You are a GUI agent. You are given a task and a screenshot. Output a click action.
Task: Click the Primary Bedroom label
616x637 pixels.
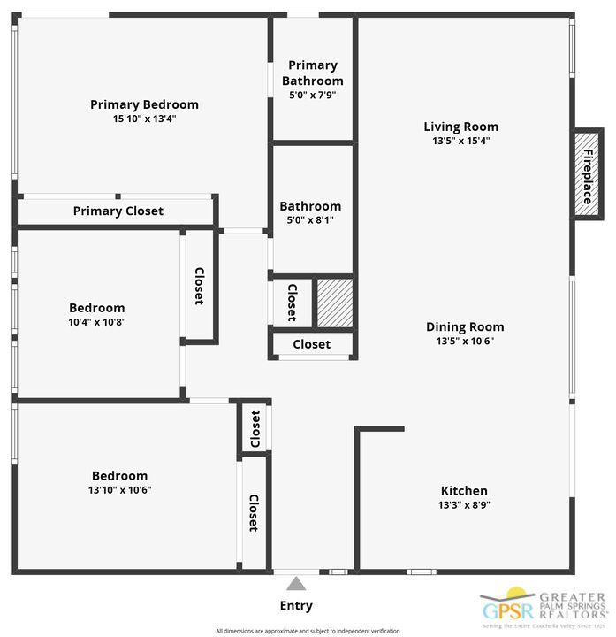coord(144,104)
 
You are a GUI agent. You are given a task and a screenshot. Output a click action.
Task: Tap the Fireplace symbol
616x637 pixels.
coord(587,175)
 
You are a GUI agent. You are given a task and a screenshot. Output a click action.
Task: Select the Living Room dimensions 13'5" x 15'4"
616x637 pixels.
coord(460,141)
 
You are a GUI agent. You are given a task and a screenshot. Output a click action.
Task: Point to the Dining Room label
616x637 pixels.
coord(465,326)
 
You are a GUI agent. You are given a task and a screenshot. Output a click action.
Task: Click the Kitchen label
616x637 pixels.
coord(464,491)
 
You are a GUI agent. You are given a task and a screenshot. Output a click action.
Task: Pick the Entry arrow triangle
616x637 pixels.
coord(296,584)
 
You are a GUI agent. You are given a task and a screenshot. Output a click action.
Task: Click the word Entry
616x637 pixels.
coord(296,606)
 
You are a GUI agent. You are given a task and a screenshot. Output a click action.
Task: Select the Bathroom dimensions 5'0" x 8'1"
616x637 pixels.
coord(310,220)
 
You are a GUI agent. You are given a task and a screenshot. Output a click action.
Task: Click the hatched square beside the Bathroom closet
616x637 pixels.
coord(335,302)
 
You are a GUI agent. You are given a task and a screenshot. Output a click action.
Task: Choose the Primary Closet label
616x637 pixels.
coord(118,211)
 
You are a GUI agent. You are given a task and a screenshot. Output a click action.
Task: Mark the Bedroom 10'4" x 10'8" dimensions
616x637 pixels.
coord(97,322)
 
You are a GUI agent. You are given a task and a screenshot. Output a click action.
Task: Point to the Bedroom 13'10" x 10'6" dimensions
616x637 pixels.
coord(119,490)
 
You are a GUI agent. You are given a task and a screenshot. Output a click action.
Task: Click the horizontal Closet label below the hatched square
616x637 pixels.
coord(311,344)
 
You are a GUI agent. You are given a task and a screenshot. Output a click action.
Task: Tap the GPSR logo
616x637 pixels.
coord(507,609)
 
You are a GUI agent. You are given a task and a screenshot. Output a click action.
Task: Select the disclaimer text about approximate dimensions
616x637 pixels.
coord(308,631)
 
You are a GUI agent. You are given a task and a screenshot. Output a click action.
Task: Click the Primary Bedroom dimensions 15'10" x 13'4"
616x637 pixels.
coord(145,119)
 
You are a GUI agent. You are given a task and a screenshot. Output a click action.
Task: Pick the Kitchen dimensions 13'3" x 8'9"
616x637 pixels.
coord(464,505)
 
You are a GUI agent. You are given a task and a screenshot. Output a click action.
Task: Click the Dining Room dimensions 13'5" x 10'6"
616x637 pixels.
coord(465,341)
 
